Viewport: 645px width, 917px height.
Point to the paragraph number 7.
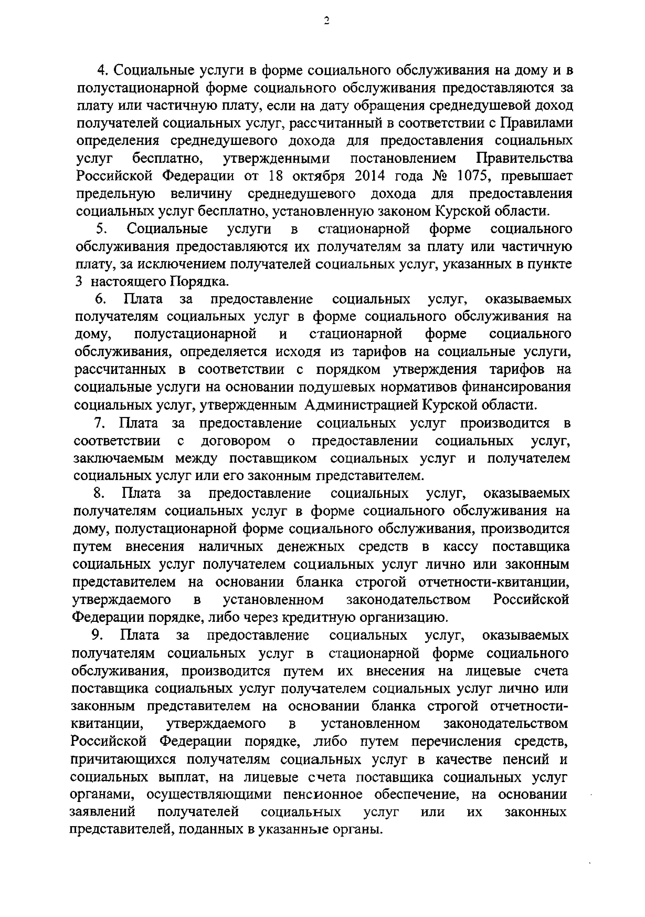[x=99, y=423]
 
